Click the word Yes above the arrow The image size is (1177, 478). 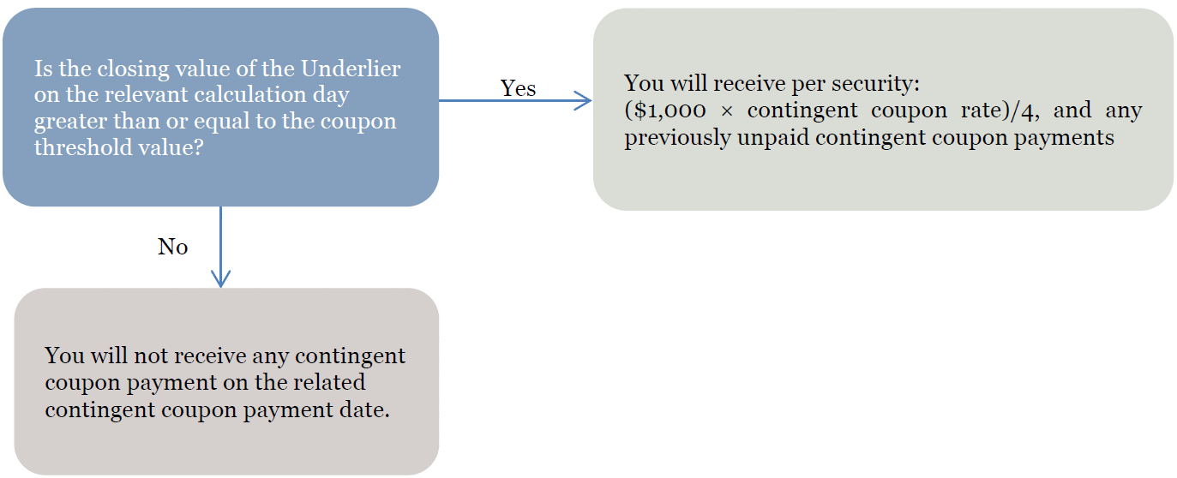(x=518, y=88)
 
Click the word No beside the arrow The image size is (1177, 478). (x=173, y=247)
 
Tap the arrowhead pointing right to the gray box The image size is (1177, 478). (x=582, y=100)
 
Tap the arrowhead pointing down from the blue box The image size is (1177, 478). (x=220, y=279)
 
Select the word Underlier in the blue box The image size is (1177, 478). (x=351, y=69)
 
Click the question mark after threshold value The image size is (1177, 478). (x=197, y=147)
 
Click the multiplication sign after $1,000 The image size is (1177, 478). (x=727, y=111)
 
